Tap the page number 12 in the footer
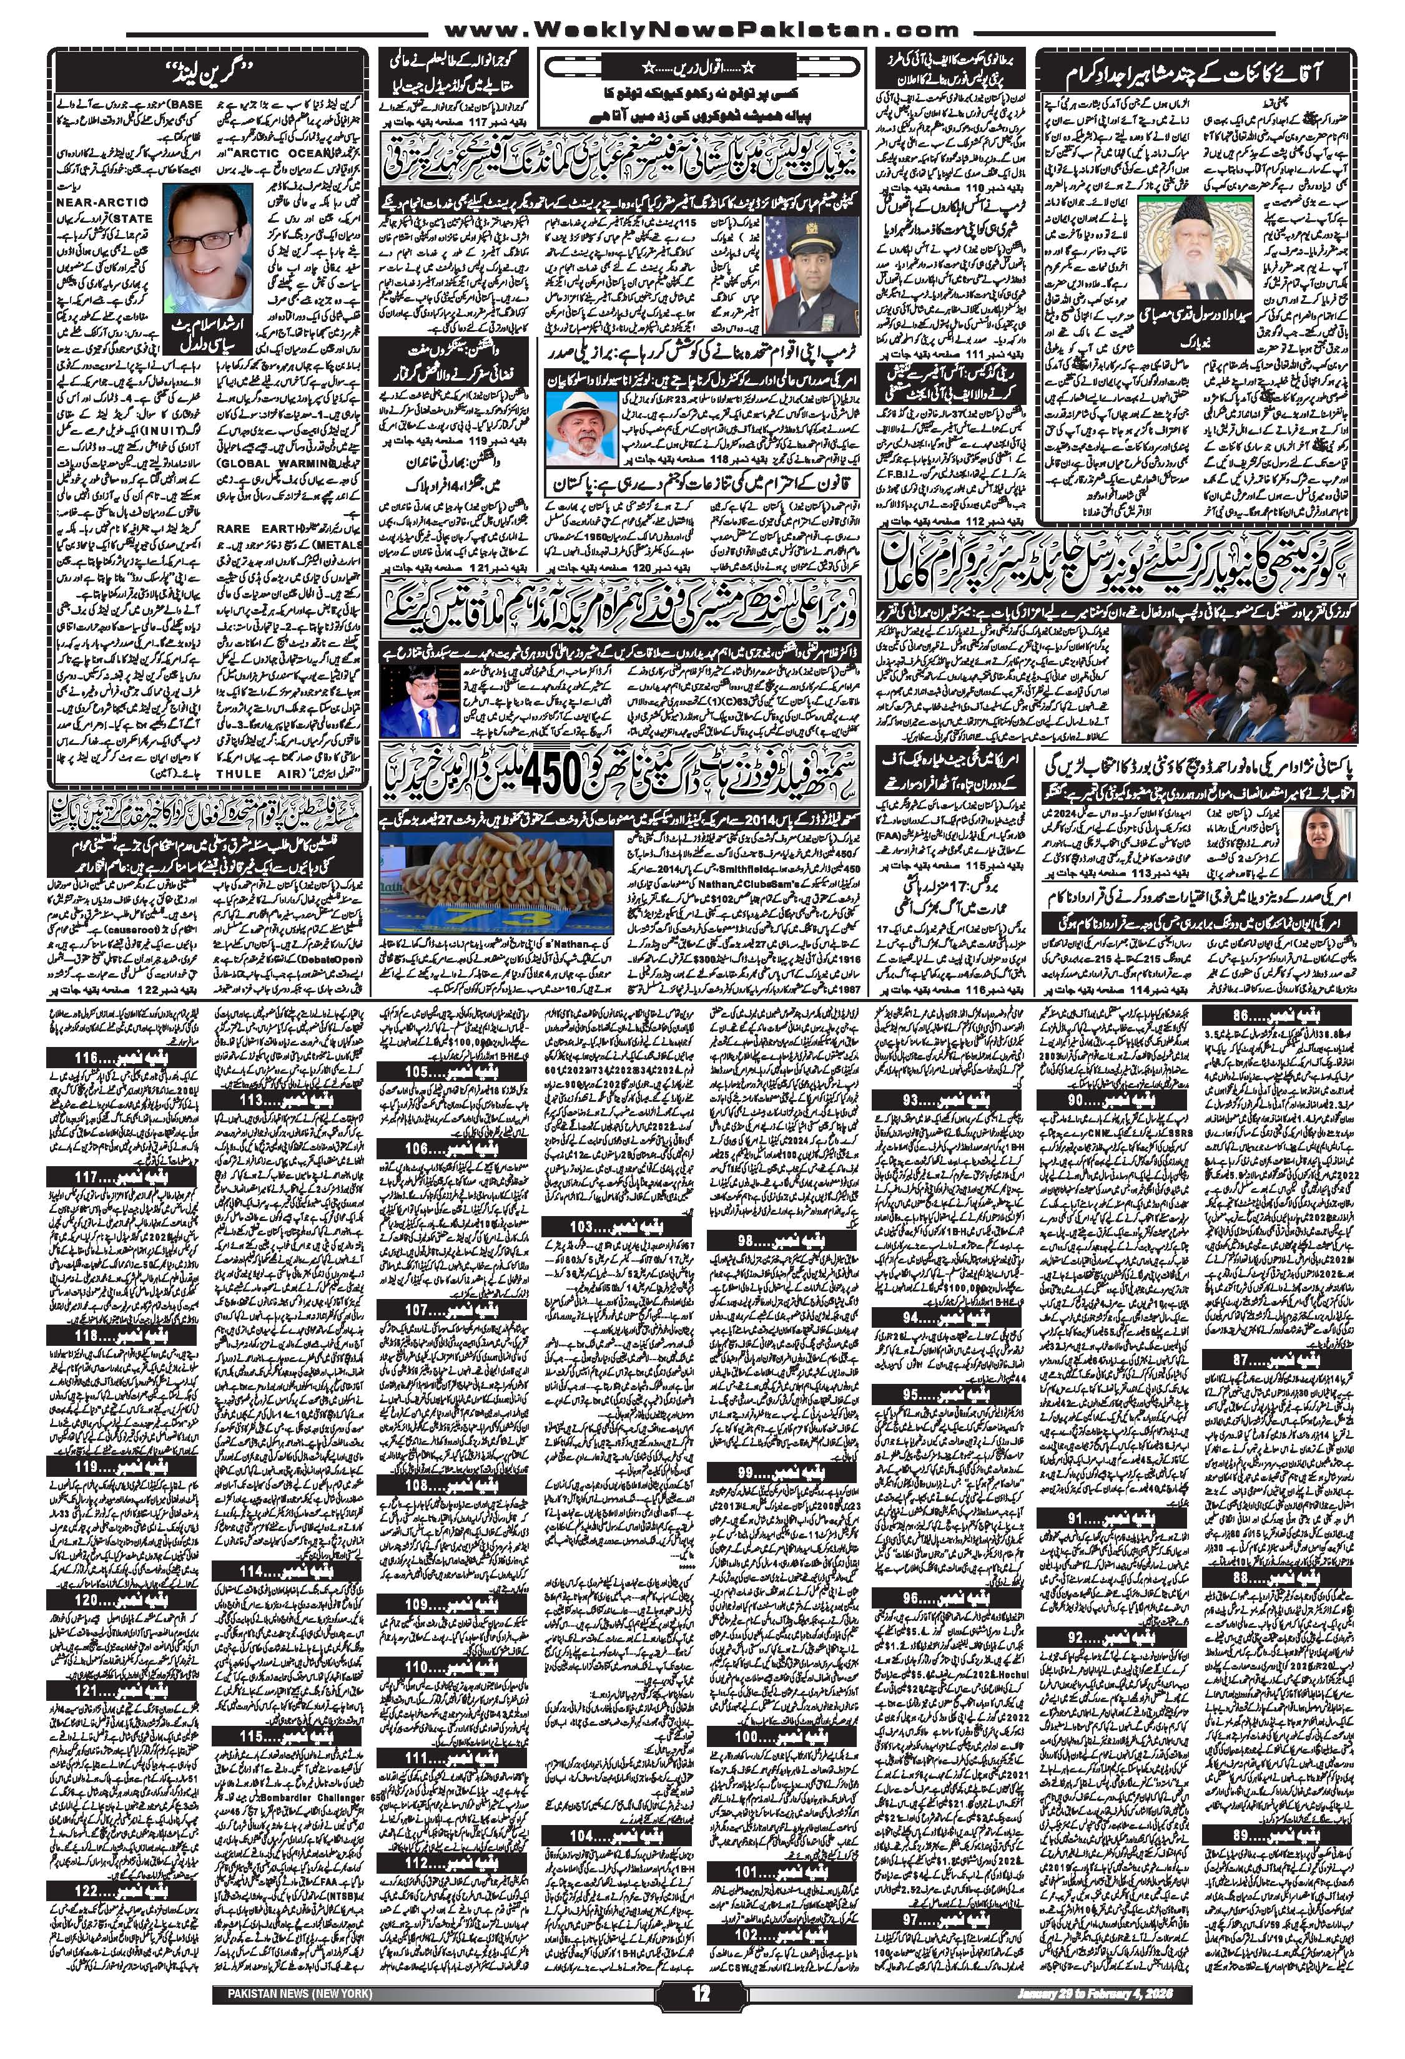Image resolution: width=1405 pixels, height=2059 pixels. pos(702,2038)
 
